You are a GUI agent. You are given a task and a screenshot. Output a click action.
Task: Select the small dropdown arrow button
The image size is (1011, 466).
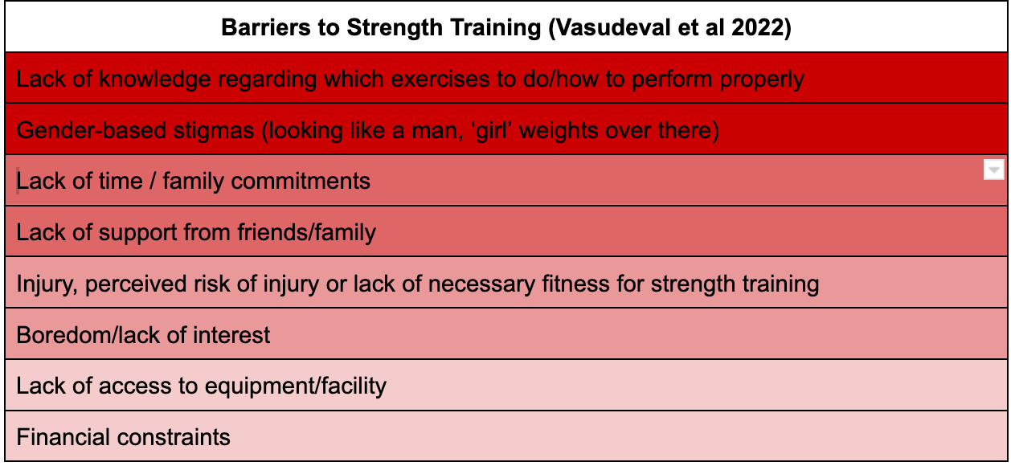point(993,170)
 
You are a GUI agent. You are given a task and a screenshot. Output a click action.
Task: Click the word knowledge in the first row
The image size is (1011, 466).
point(155,80)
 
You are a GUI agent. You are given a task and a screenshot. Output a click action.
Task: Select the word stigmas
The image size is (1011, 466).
point(214,131)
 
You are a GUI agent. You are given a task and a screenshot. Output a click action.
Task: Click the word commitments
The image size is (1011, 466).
point(300,182)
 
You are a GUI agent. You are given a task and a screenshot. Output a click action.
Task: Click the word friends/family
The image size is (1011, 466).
point(306,233)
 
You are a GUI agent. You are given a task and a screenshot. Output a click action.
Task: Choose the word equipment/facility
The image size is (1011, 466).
point(295,386)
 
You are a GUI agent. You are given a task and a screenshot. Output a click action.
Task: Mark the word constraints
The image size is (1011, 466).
point(174,438)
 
